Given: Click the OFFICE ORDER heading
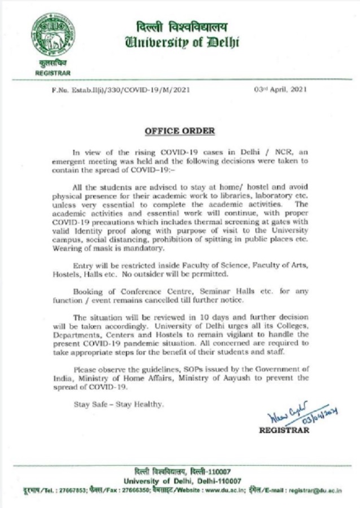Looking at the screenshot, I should (x=180, y=131).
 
